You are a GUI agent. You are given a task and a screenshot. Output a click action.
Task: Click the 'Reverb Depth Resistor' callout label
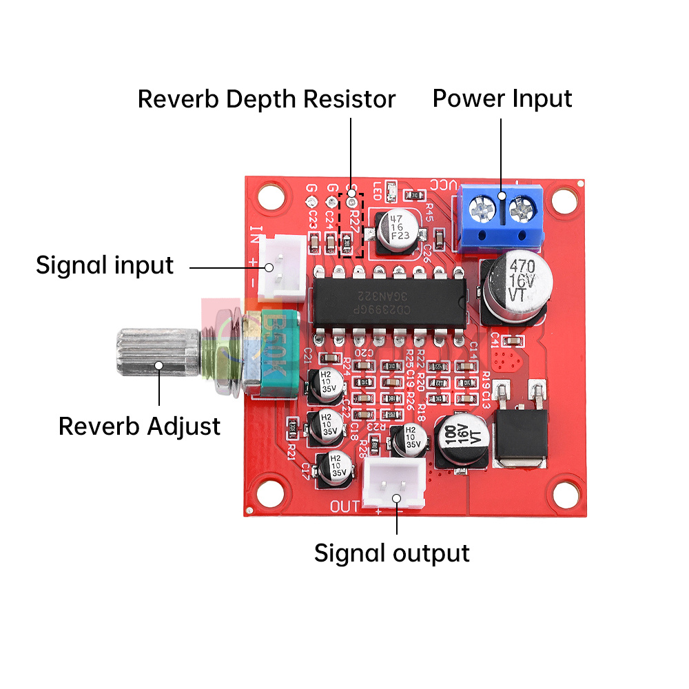coord(267,99)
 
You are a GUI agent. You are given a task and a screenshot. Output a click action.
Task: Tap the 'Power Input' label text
coord(502,99)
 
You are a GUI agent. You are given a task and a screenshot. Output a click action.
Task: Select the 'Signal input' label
coord(105,265)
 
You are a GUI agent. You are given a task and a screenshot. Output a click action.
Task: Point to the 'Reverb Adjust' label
coord(139,426)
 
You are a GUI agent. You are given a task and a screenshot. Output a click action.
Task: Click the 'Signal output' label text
coord(391,553)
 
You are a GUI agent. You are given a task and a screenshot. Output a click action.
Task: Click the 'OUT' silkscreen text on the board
coord(345,507)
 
